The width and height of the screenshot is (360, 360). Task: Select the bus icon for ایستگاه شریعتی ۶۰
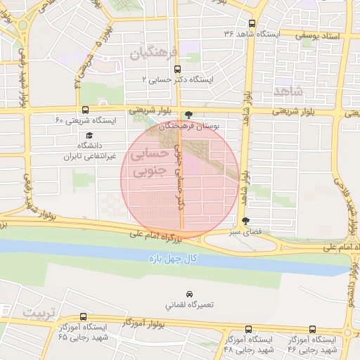(86, 110)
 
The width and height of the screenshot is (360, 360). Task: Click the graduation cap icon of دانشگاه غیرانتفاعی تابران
(89, 136)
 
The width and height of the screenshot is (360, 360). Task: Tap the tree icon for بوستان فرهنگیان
(188, 116)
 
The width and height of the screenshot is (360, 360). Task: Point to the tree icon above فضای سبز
(245, 221)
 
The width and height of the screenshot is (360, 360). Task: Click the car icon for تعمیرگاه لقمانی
(189, 293)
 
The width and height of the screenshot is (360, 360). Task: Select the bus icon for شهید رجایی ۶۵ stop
(84, 317)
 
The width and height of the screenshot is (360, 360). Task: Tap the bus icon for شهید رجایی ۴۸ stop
(248, 329)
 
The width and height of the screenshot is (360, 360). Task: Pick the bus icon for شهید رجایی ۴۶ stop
(313, 328)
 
